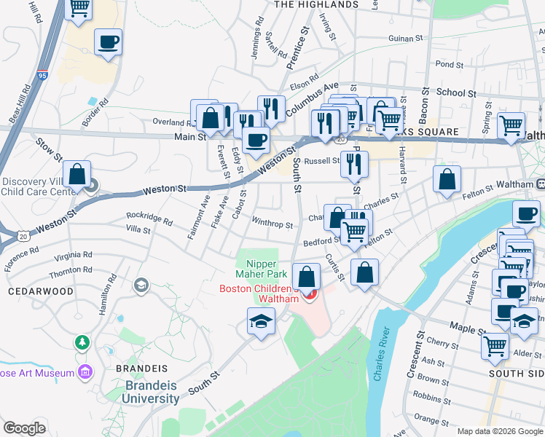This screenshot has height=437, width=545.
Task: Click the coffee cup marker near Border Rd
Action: pyautogui.click(x=108, y=42)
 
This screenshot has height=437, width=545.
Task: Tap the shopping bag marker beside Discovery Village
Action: pyautogui.click(x=77, y=175)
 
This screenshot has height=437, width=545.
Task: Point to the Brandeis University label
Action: pyautogui.click(x=152, y=392)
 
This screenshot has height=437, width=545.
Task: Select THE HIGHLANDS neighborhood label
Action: pyautogui.click(x=316, y=4)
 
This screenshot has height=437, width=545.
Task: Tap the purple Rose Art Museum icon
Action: pyautogui.click(x=86, y=372)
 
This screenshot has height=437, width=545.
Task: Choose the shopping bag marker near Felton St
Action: pyautogui.click(x=447, y=178)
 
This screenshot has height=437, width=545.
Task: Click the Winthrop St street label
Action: pyautogui.click(x=272, y=225)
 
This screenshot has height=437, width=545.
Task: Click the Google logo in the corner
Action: pyautogui.click(x=24, y=428)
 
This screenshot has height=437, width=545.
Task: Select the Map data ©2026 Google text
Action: pyautogui.click(x=499, y=431)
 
